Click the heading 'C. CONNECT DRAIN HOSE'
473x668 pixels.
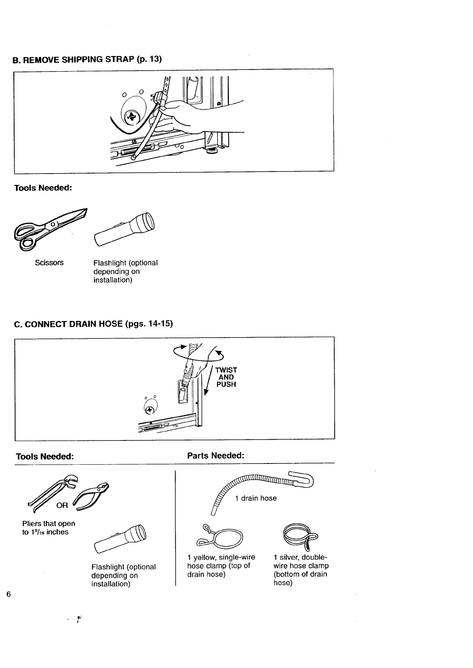click(93, 324)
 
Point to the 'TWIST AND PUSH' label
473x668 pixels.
click(226, 377)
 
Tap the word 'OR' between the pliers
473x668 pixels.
click(62, 506)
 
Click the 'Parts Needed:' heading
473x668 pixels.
click(215, 456)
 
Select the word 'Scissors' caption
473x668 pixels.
click(49, 263)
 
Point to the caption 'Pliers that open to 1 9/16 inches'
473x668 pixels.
click(48, 528)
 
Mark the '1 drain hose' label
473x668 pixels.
click(256, 498)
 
